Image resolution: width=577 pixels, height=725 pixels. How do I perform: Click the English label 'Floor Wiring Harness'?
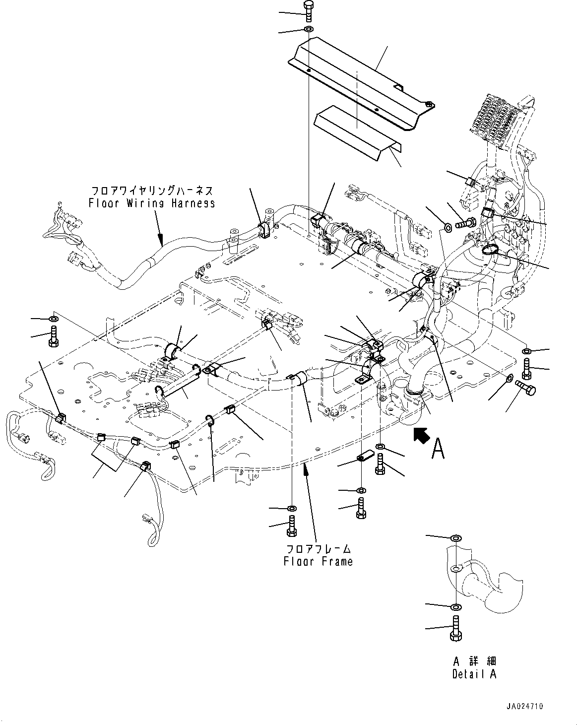152,203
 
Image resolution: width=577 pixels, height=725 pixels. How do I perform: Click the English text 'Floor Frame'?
318,562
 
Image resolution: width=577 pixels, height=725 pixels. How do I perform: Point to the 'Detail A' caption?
474,674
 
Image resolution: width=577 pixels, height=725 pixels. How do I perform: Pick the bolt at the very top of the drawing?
307,10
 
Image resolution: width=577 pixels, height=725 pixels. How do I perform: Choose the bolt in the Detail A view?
455,628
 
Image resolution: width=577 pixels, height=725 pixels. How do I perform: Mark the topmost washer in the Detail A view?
455,538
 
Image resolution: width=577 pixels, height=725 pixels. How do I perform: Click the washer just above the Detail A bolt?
455,607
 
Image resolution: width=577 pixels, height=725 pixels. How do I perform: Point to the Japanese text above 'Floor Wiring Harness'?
152,191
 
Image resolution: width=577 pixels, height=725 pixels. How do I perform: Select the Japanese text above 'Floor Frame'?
318,549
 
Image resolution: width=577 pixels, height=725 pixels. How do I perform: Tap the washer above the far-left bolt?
53,318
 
